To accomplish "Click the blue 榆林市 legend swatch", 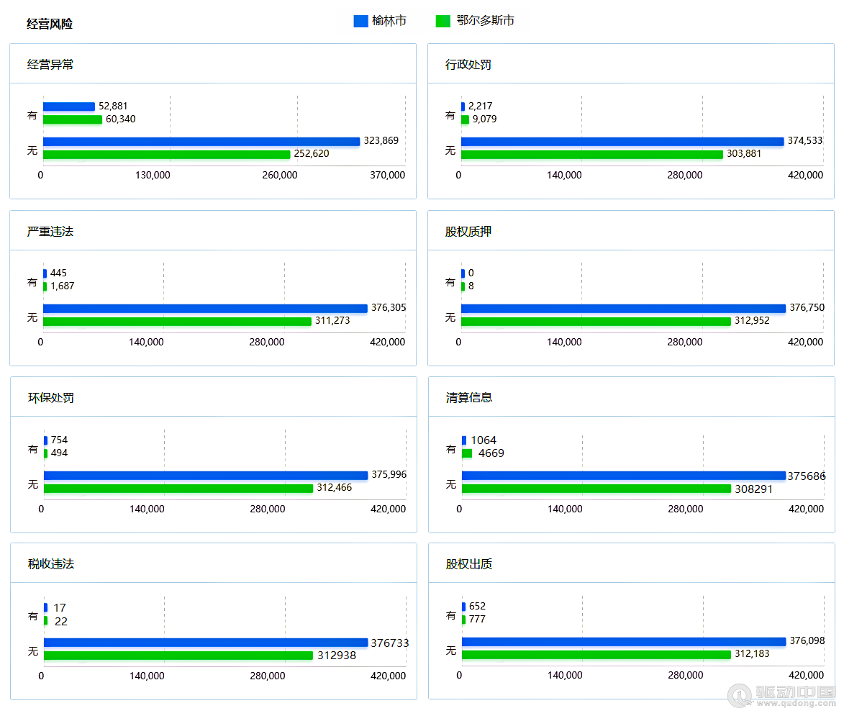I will click(x=360, y=22).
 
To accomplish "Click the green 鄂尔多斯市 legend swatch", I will click(x=443, y=22).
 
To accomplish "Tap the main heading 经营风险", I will click(x=50, y=24).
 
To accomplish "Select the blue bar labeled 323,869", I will click(x=201, y=141).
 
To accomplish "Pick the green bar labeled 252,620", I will click(x=166, y=154).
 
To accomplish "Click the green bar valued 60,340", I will click(x=72, y=119).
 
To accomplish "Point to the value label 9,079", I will click(x=484, y=119).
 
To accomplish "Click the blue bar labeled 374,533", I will click(x=622, y=141).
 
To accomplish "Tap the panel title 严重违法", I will click(x=50, y=232).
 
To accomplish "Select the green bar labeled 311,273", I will click(x=177, y=321).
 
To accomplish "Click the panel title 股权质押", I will click(x=468, y=232).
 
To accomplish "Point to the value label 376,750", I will click(x=807, y=308).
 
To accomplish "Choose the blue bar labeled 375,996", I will click(x=206, y=475).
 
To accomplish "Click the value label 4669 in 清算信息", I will click(x=491, y=453).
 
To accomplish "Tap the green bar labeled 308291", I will click(x=596, y=489).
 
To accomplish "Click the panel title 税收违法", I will click(x=51, y=564).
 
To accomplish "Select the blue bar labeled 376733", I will click(x=206, y=643).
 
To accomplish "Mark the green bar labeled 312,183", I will click(x=596, y=655).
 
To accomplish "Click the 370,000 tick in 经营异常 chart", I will click(x=388, y=175).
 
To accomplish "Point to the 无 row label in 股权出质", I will click(x=451, y=651).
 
